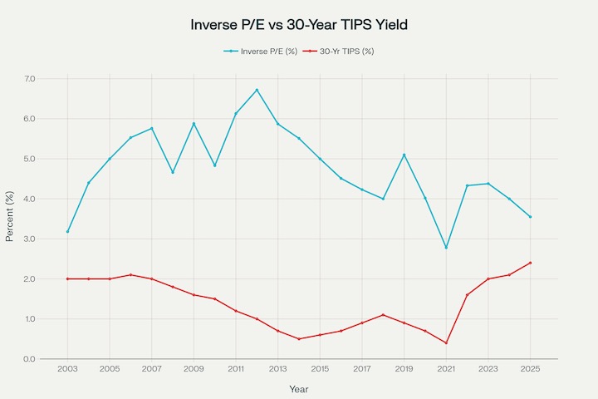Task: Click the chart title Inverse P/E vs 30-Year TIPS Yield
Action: coord(299,25)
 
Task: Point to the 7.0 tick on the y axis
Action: coord(30,79)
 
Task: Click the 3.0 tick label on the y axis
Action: coord(30,239)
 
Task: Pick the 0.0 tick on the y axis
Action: coord(30,359)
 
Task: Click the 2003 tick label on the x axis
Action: coord(67,369)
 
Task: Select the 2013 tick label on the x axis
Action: coord(277,369)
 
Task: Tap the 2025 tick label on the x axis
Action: coord(530,369)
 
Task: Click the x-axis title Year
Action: coord(299,388)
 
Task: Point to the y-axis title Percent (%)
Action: coord(10,219)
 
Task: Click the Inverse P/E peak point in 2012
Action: coord(257,90)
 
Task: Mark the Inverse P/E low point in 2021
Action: coord(446,248)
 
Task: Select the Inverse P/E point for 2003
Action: coord(67,231)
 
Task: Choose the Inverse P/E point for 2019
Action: coord(404,155)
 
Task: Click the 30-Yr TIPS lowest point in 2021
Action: coord(446,343)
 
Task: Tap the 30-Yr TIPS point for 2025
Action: coord(530,263)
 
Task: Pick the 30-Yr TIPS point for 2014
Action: coord(299,339)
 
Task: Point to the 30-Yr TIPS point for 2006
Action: coord(130,275)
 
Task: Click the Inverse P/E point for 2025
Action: coord(530,217)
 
